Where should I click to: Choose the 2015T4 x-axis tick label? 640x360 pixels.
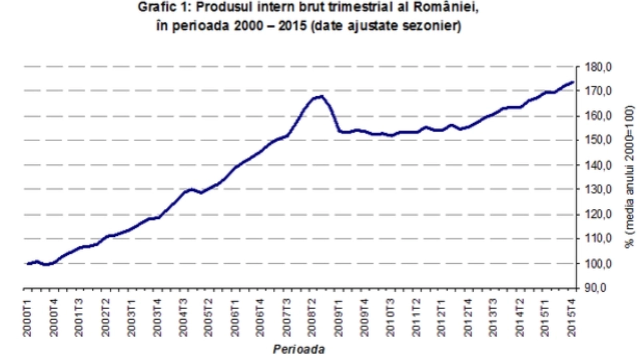[x=572, y=318]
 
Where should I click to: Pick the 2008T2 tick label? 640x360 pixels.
[x=312, y=318]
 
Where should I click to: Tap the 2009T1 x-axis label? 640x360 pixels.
[x=338, y=318]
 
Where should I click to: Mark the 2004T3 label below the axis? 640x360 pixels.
[x=183, y=318]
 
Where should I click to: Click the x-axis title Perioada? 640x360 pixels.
[x=299, y=349]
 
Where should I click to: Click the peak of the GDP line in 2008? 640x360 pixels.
[x=322, y=96]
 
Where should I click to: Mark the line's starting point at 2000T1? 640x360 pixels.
[x=27, y=264]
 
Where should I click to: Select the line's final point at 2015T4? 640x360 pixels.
[x=573, y=82]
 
